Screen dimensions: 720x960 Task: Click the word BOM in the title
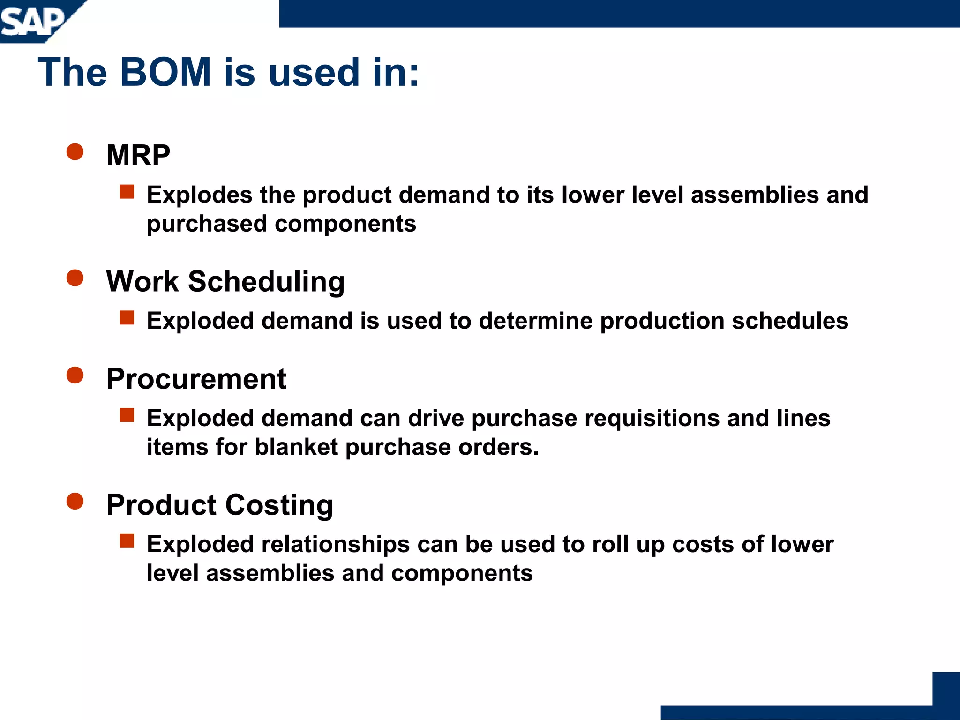pos(165,73)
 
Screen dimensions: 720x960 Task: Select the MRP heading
pos(138,155)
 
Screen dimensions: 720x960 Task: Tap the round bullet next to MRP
pos(75,152)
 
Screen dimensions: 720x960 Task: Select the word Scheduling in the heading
pos(266,282)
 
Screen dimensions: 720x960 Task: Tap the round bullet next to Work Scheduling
pos(75,277)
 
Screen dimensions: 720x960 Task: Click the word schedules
pos(790,321)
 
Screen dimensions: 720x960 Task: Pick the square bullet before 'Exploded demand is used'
pos(127,318)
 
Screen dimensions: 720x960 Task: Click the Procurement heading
pos(196,379)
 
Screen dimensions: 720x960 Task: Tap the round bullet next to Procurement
pos(75,375)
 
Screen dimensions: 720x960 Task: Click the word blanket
pos(296,447)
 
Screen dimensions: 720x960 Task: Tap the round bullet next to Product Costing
pos(75,501)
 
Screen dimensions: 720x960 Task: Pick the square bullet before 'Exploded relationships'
pos(127,541)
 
